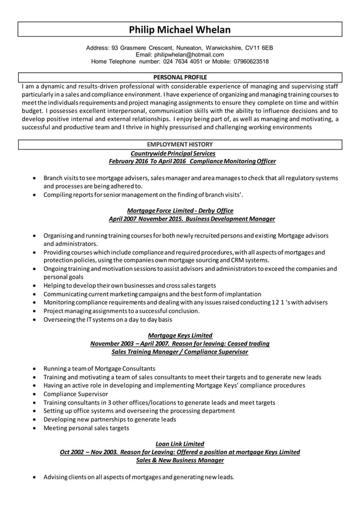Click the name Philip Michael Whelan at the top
(180, 29)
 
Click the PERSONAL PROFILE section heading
(180, 77)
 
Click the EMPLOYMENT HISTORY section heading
(180, 145)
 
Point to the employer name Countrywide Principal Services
(173, 153)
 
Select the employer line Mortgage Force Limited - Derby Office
(180, 210)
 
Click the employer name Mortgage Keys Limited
(179, 335)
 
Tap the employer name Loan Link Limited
(179, 444)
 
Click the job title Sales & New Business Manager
(180, 460)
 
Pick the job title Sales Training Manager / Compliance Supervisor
(180, 352)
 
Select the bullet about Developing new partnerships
(110, 419)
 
